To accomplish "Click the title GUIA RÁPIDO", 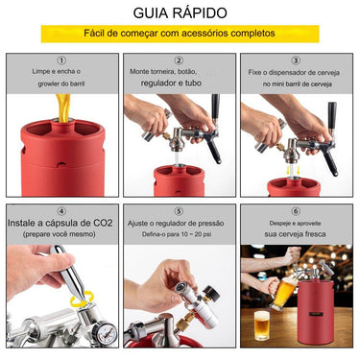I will [180, 13].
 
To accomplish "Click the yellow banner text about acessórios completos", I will [180, 35].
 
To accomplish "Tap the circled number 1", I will [61, 60].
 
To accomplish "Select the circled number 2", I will [180, 60].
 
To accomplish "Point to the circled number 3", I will [296, 60].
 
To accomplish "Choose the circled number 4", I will [61, 211].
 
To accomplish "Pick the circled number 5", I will [180, 211].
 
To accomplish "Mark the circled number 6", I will [296, 211].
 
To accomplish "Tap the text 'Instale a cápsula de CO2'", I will [61, 224].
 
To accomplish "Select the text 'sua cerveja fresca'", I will [296, 233].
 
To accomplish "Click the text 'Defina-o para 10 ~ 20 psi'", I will [180, 234].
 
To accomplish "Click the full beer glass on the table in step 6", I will [261, 324].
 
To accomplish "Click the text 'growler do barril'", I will [61, 84].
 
